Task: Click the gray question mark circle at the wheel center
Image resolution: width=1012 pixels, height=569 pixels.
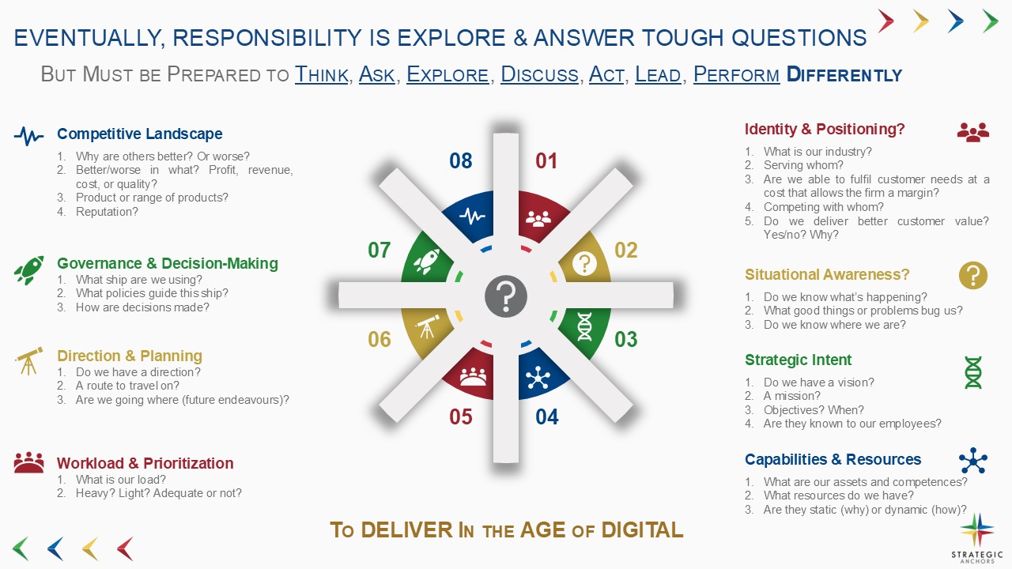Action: tap(505, 296)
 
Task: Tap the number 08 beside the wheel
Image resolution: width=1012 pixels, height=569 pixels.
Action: tap(460, 160)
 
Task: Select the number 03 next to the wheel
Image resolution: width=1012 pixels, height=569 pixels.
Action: tap(625, 339)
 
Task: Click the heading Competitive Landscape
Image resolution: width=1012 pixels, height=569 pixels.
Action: tap(140, 134)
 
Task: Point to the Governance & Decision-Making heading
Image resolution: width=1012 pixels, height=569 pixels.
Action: tap(168, 263)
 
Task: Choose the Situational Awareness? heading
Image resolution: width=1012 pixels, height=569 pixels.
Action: tap(827, 274)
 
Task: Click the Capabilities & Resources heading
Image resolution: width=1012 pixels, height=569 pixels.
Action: tap(833, 459)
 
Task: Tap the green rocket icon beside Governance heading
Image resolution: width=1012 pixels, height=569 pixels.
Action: tap(29, 270)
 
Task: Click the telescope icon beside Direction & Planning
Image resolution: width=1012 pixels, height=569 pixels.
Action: tap(29, 361)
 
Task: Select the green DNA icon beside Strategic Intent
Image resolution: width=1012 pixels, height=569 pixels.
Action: tap(972, 372)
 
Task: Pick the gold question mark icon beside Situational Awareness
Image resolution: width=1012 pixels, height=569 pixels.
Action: tap(972, 276)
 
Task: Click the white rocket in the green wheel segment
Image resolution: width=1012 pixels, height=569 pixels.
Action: tap(427, 261)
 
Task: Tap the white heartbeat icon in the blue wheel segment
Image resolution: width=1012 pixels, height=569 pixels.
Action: tap(472, 217)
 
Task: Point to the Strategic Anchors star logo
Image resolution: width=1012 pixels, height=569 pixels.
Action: tap(976, 529)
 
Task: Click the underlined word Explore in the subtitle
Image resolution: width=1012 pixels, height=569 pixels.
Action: tap(447, 74)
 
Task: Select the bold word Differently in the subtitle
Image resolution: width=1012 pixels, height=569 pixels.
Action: tap(844, 74)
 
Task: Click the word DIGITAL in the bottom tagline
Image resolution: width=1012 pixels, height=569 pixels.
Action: tap(642, 529)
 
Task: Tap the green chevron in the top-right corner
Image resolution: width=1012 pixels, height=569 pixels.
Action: tap(991, 21)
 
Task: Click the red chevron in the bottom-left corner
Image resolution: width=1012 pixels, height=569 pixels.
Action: tap(125, 548)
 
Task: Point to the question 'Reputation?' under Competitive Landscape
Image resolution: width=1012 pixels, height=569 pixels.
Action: tap(107, 212)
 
